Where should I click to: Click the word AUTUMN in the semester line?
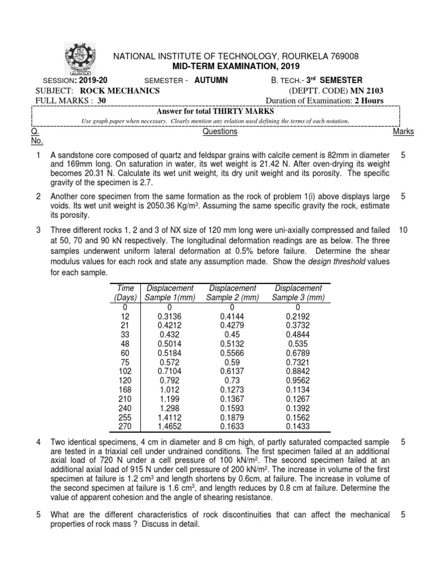[211, 80]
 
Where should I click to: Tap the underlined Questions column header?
[219, 132]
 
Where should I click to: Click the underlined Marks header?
[404, 132]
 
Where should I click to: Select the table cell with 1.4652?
[169, 426]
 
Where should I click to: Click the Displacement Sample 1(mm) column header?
[169, 293]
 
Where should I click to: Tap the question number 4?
[38, 442]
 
